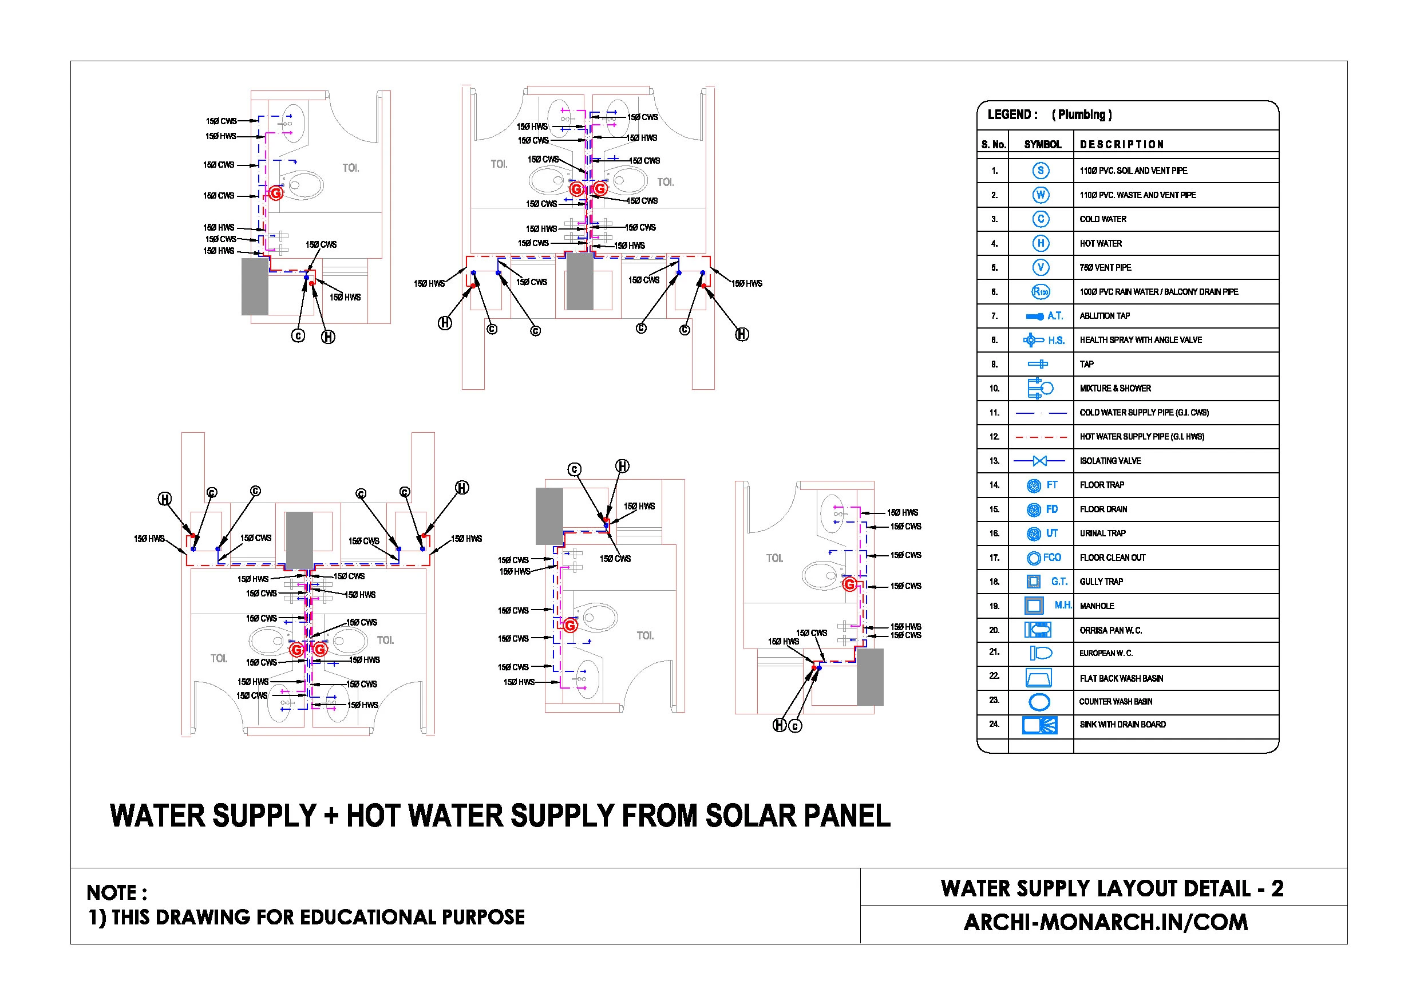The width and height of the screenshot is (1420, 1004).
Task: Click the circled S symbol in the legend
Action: coord(1041,171)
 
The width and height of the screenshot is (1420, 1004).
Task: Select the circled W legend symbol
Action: coord(1041,195)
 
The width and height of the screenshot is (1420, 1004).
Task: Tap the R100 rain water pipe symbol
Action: coord(1041,291)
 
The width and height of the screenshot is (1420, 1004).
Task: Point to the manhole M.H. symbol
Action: coord(1034,606)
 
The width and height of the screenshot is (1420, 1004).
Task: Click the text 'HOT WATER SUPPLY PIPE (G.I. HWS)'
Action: coord(1142,437)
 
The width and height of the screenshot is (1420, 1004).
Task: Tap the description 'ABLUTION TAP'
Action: coord(1105,316)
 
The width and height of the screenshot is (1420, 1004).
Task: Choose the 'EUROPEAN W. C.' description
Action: coord(1106,653)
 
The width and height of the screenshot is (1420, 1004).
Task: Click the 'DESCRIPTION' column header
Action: coord(1121,145)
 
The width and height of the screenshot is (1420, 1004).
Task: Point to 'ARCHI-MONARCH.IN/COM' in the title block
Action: coord(1105,922)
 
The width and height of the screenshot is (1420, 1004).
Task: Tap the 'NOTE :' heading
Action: coord(117,892)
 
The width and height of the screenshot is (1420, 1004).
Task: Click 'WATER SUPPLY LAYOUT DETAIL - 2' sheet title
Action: coord(1112,889)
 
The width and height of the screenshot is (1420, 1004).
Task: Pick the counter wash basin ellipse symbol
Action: coord(1039,702)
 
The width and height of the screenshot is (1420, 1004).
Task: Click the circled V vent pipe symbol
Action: coord(1041,267)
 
